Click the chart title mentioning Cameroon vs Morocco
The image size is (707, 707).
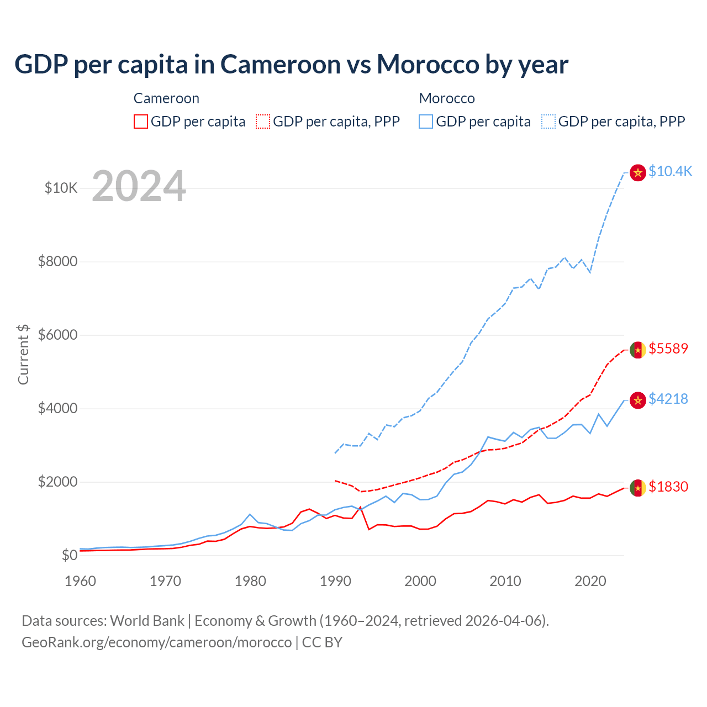tap(291, 65)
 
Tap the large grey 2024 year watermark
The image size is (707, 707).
tap(139, 186)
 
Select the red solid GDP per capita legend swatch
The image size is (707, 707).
tap(141, 122)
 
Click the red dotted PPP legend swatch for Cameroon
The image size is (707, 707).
tap(263, 122)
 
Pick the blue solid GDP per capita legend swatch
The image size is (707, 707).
tap(426, 122)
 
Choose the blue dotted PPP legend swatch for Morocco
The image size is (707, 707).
tap(548, 122)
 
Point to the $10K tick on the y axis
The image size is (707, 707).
tap(61, 188)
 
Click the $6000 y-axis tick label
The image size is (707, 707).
tap(57, 335)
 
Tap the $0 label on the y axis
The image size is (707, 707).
tap(69, 555)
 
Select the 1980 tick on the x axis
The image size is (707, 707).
tap(250, 581)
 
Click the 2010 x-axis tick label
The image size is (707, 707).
tap(505, 581)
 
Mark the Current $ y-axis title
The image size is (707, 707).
tap(23, 354)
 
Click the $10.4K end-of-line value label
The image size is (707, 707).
tap(670, 172)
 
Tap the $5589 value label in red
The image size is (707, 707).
tap(668, 349)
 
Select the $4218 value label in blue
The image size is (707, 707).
tap(668, 399)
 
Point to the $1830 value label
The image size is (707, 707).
tap(668, 487)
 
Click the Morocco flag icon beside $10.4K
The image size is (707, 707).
tap(638, 172)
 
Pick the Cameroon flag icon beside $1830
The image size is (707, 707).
tap(638, 488)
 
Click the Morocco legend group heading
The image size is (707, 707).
tap(447, 98)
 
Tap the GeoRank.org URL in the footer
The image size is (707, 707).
tap(156, 642)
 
